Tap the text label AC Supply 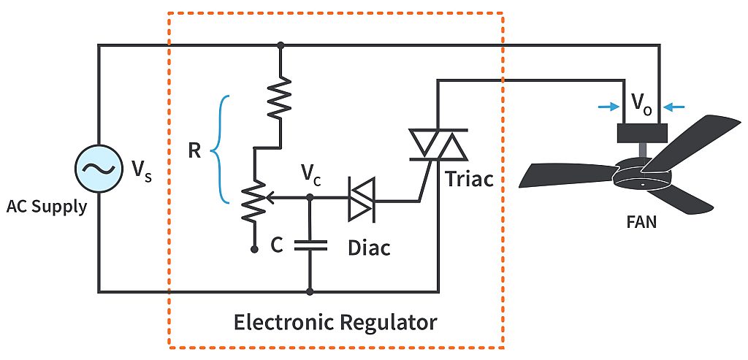pyautogui.click(x=47, y=207)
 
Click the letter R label pyautogui.click(x=195, y=150)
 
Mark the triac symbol pyautogui.click(x=437, y=144)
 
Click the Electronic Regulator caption pyautogui.click(x=335, y=322)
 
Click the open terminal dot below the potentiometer pyautogui.click(x=254, y=249)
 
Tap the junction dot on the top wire pyautogui.click(x=280, y=45)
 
